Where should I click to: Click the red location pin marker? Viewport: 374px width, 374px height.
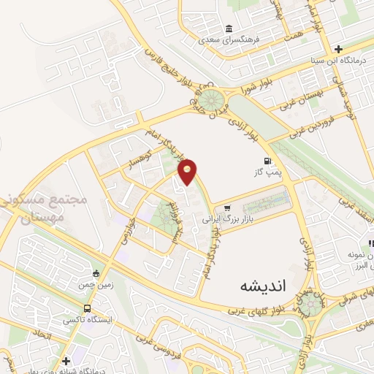coord(188,171)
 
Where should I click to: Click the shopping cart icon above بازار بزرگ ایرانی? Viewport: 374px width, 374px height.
coord(229,208)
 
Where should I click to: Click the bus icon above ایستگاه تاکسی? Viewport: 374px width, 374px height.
coord(88,308)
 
